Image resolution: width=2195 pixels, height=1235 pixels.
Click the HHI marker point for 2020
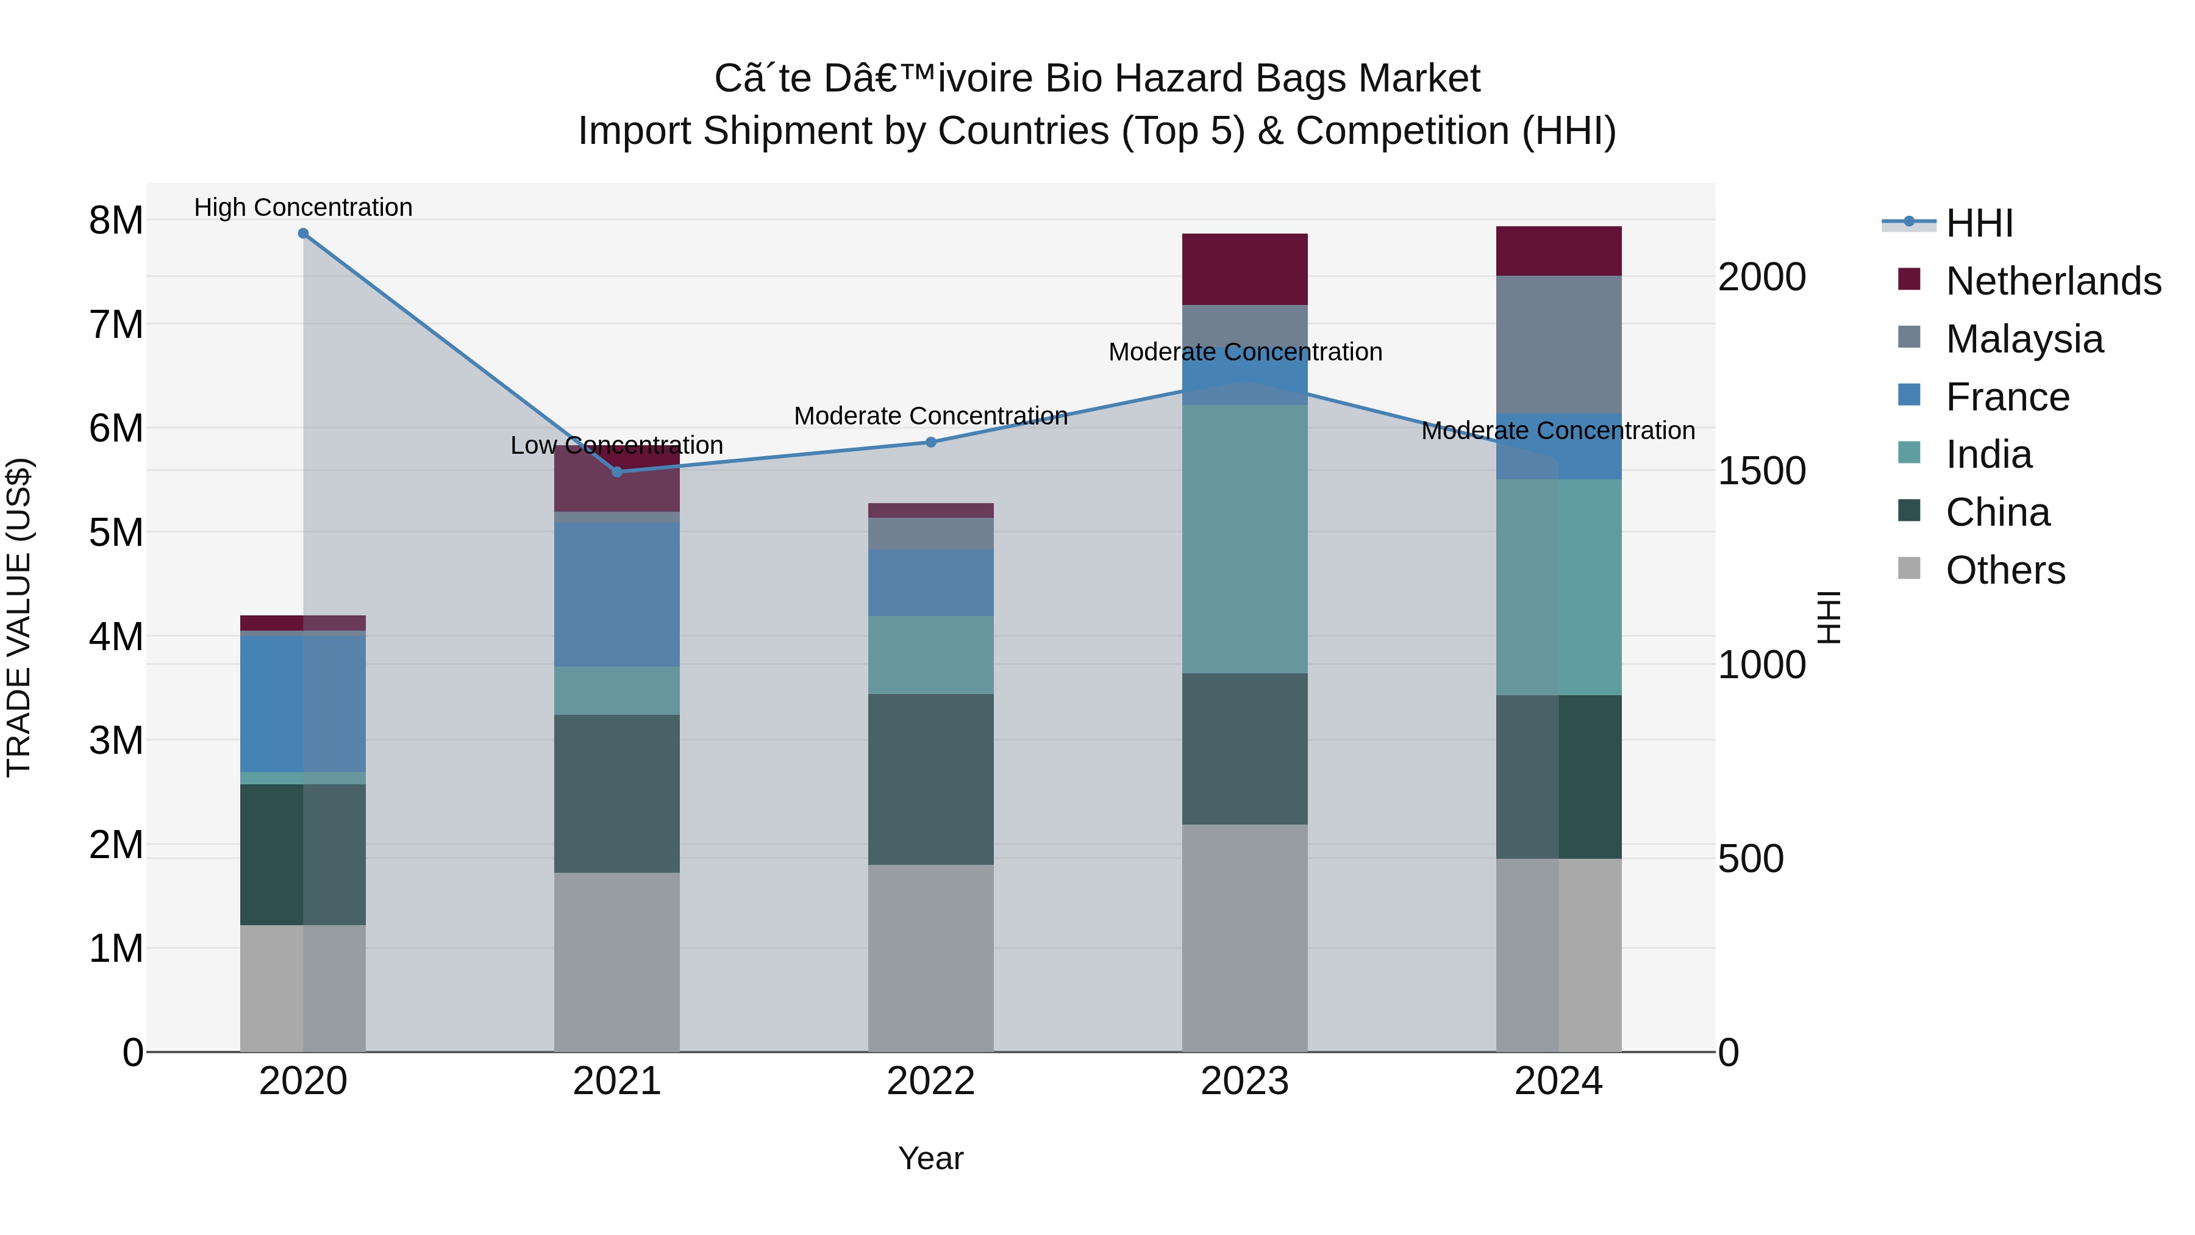[304, 234]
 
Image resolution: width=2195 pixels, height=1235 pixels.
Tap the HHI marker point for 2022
[930, 442]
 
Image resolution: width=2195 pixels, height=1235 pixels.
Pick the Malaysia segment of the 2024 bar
[1558, 345]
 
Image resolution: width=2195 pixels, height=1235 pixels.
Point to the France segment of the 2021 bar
[617, 594]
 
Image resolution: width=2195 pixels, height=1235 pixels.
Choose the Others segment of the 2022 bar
[930, 958]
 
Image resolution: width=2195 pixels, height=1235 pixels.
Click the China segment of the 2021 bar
[617, 793]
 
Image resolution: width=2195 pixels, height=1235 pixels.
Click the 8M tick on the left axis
[116, 221]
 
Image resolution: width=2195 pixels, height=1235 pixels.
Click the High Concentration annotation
[304, 207]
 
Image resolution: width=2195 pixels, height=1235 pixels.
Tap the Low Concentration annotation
[617, 445]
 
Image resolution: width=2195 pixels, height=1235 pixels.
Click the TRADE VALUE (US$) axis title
[19, 617]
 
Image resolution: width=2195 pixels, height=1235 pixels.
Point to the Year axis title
[930, 1158]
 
